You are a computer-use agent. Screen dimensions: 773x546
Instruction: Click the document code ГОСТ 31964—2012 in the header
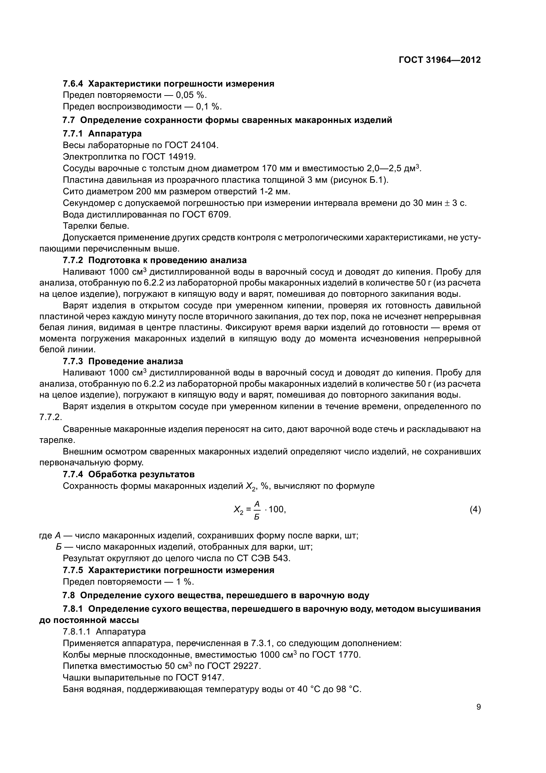[x=439, y=60]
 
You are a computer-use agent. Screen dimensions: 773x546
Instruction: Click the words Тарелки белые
[x=96, y=226]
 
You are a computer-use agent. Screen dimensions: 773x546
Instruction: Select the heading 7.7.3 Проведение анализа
[x=123, y=362]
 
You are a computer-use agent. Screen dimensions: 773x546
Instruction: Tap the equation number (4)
[x=475, y=510]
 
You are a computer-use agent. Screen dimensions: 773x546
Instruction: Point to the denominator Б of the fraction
[x=257, y=517]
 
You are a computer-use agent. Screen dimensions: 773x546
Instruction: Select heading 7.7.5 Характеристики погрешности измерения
[x=168, y=570]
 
